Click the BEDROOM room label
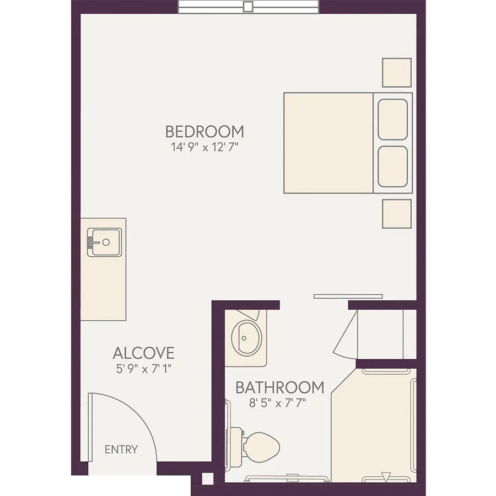pos(204,132)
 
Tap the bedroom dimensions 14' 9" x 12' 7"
pos(204,147)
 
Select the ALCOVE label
pos(144,353)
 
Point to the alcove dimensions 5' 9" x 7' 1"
pos(144,369)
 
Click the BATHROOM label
pos(280,387)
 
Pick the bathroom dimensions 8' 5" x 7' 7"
pos(278,403)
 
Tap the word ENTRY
pos(121,450)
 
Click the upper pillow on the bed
pos(392,120)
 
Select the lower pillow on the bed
pos(392,166)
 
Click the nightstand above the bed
pos(397,72)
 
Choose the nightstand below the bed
pos(397,213)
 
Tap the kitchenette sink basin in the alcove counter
pos(105,242)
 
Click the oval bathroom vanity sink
pos(247,338)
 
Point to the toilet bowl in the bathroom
pos(262,448)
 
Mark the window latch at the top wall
pos(248,7)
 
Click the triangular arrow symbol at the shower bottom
pos(386,476)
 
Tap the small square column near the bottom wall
pos(208,478)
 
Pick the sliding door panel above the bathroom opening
pos(348,296)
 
